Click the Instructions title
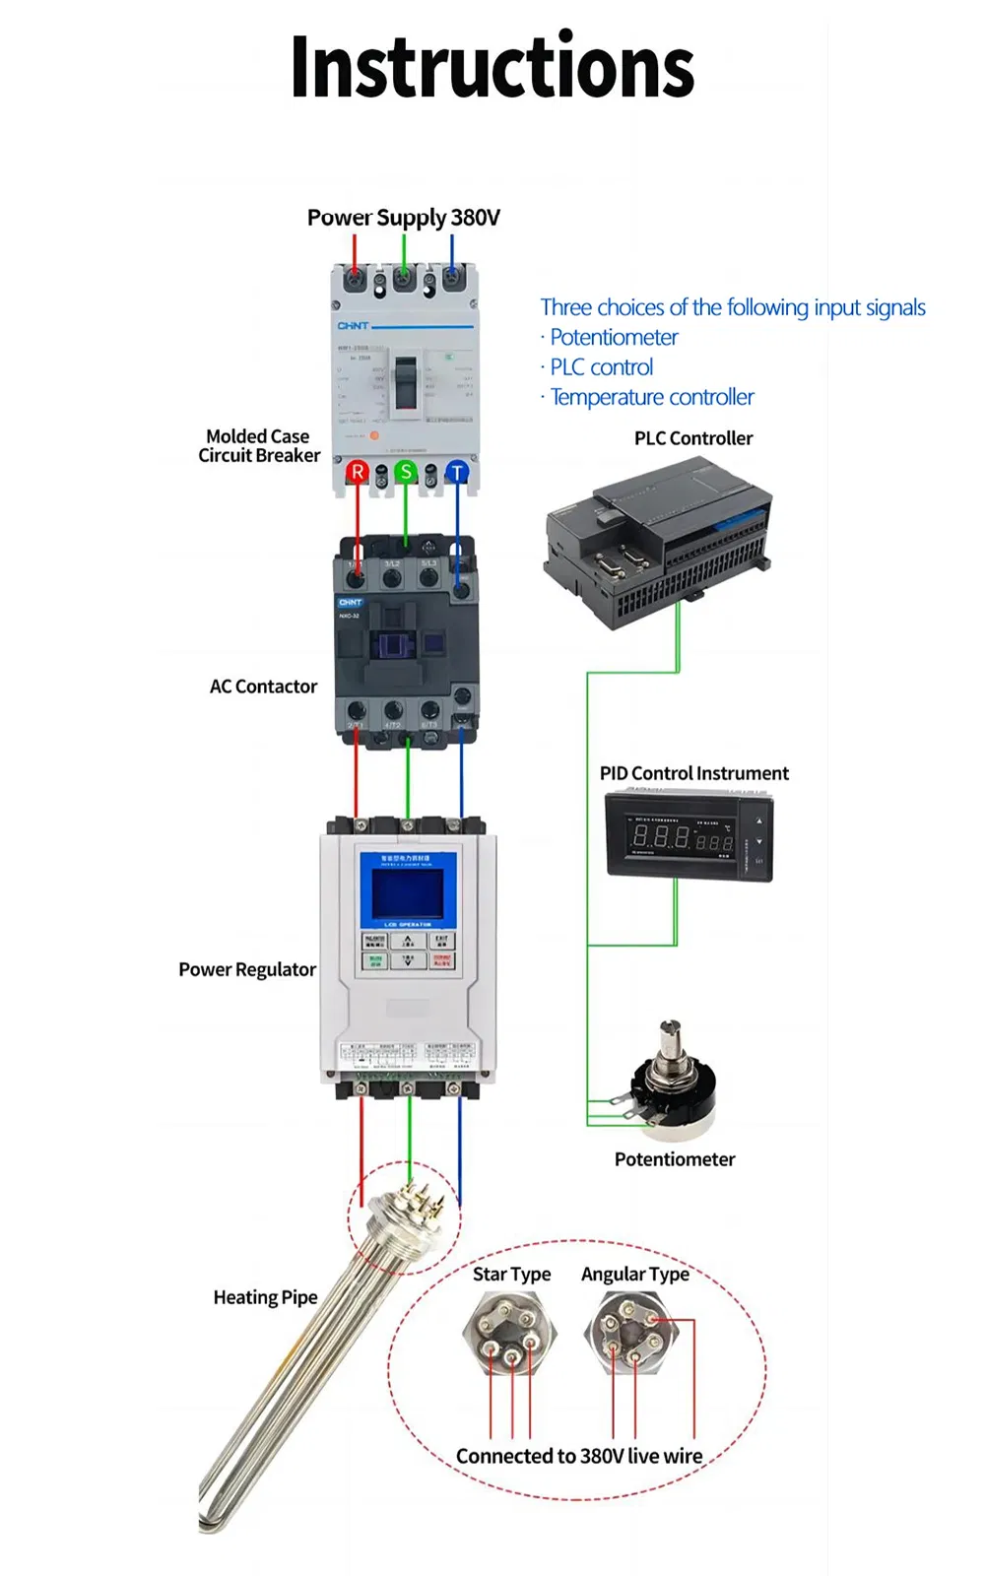click(x=492, y=67)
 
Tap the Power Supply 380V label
click(x=403, y=218)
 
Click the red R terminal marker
click(x=357, y=473)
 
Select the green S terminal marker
click(x=405, y=472)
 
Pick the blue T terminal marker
click(x=457, y=473)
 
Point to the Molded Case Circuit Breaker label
click(x=259, y=446)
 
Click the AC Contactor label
click(x=263, y=687)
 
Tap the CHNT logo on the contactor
click(x=351, y=602)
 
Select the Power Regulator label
click(x=247, y=970)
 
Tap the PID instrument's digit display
click(x=682, y=839)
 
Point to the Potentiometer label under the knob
click(x=675, y=1159)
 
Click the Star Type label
click(x=511, y=1275)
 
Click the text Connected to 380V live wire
click(x=579, y=1456)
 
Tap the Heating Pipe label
click(x=265, y=1297)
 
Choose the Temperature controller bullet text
click(x=651, y=397)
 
